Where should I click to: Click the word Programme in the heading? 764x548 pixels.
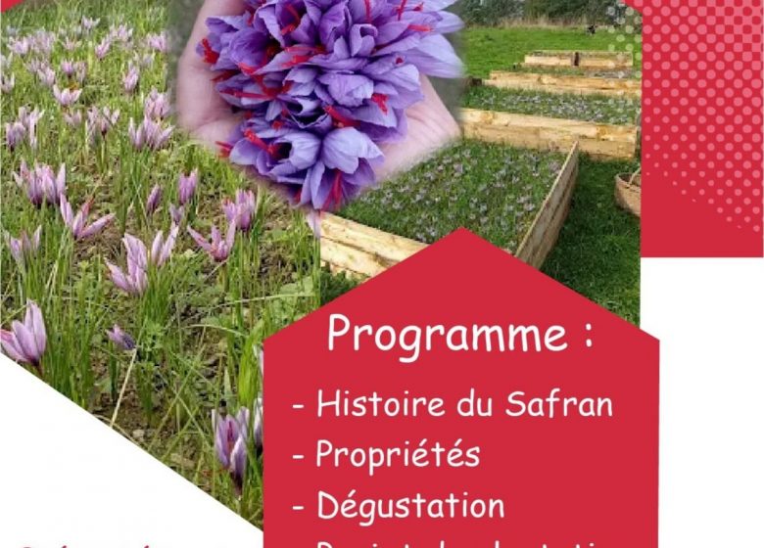(447, 334)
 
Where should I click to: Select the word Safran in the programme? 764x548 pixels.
(562, 403)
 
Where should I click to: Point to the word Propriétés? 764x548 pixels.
(398, 455)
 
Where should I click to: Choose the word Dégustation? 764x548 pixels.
(409, 506)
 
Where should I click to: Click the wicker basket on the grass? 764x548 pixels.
(628, 192)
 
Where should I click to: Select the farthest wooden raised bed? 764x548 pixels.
(578, 59)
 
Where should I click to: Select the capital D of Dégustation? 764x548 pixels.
(327, 506)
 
